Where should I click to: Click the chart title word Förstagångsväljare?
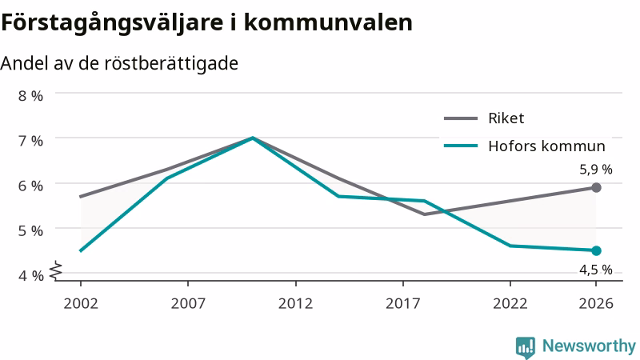(112, 23)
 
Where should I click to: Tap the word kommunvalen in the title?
(328, 22)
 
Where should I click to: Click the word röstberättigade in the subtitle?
(171, 64)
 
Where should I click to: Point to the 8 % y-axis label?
(30, 96)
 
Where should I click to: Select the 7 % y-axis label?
(30, 141)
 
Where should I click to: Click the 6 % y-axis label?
(30, 186)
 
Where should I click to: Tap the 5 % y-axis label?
(30, 230)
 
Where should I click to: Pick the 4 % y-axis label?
(30, 275)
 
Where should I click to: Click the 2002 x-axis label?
(81, 303)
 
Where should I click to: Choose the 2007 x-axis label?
(188, 303)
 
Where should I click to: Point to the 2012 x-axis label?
(295, 303)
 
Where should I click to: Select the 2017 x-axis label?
(403, 303)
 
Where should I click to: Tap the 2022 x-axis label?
(510, 303)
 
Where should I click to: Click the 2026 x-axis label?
(596, 303)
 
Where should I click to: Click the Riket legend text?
(506, 118)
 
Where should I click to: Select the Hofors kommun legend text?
(547, 146)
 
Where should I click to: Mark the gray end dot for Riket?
(596, 188)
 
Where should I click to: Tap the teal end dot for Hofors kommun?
(596, 250)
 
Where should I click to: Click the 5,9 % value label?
(596, 170)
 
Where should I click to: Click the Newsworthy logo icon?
(526, 347)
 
